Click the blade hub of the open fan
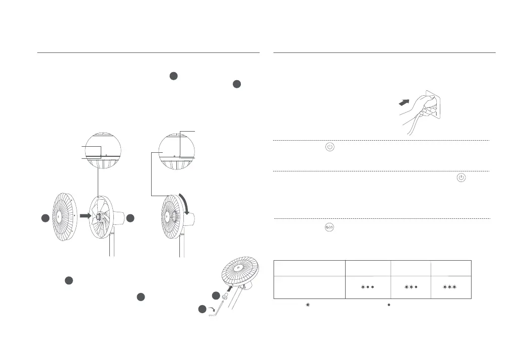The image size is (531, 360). tap(100, 217)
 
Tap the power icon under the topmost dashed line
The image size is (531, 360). tap(329, 148)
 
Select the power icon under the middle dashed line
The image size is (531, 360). tap(461, 178)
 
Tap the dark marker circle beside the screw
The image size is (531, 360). tap(216, 295)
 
